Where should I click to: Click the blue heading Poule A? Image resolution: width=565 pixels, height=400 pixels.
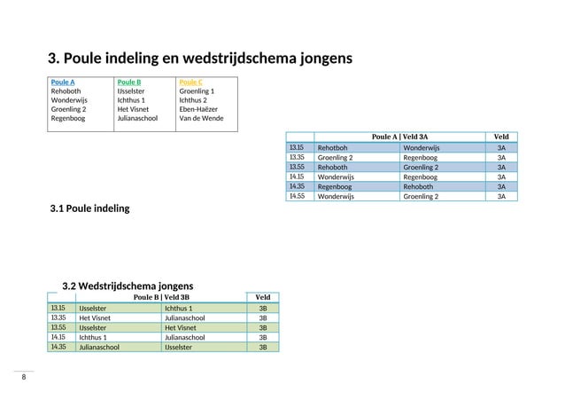(62, 82)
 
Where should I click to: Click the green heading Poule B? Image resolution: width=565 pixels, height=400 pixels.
(128, 82)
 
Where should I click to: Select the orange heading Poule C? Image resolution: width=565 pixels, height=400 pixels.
(190, 82)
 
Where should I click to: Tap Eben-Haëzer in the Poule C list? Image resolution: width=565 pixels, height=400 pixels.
(199, 109)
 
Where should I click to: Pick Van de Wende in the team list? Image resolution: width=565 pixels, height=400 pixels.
(201, 118)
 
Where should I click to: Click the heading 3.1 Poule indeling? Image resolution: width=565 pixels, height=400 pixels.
(90, 208)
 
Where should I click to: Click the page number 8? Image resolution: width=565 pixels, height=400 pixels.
(24, 377)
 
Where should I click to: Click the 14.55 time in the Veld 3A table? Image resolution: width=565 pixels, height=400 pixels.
(296, 197)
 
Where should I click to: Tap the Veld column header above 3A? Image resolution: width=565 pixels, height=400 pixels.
(500, 137)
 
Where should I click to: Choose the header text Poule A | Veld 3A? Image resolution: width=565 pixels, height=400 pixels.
(399, 137)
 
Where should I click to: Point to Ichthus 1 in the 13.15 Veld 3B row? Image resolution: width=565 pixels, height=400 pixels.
(179, 309)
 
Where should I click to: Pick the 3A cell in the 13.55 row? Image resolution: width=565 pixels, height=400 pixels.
(501, 168)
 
